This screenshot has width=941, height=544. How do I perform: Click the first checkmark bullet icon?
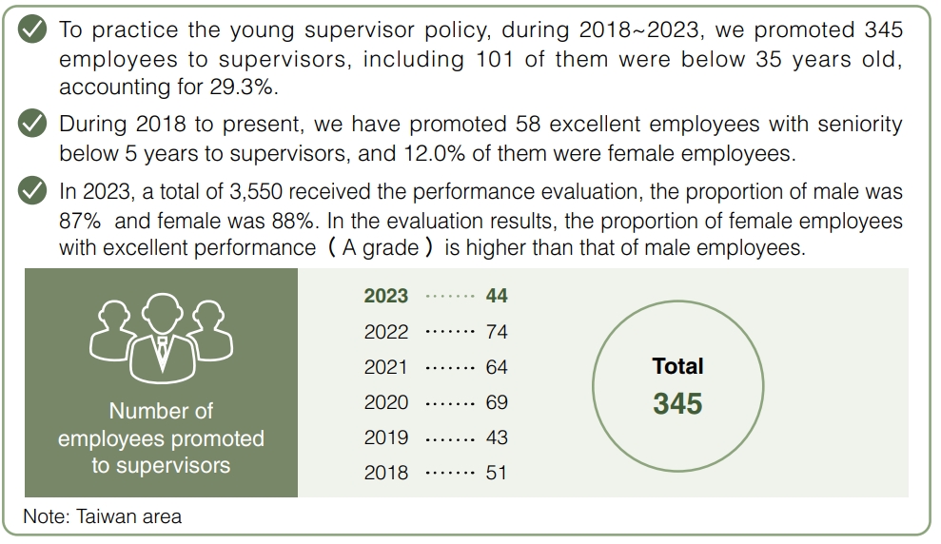tap(33, 29)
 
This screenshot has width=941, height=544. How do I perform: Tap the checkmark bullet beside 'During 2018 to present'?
tap(33, 124)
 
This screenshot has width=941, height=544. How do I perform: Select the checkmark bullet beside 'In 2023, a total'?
tap(33, 191)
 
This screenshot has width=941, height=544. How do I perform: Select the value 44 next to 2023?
tap(497, 296)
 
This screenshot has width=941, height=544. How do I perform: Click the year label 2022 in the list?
tap(386, 332)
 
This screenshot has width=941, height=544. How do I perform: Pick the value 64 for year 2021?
tap(497, 367)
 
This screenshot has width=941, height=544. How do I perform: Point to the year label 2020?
tap(386, 402)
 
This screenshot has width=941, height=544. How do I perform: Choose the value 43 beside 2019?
tap(497, 437)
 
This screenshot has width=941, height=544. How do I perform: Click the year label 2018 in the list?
tap(386, 473)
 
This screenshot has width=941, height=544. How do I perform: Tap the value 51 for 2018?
tap(497, 473)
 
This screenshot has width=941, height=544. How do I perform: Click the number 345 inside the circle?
tap(677, 404)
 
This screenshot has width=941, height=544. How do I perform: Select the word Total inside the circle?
tap(677, 366)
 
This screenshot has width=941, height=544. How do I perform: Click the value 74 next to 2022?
tap(497, 332)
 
